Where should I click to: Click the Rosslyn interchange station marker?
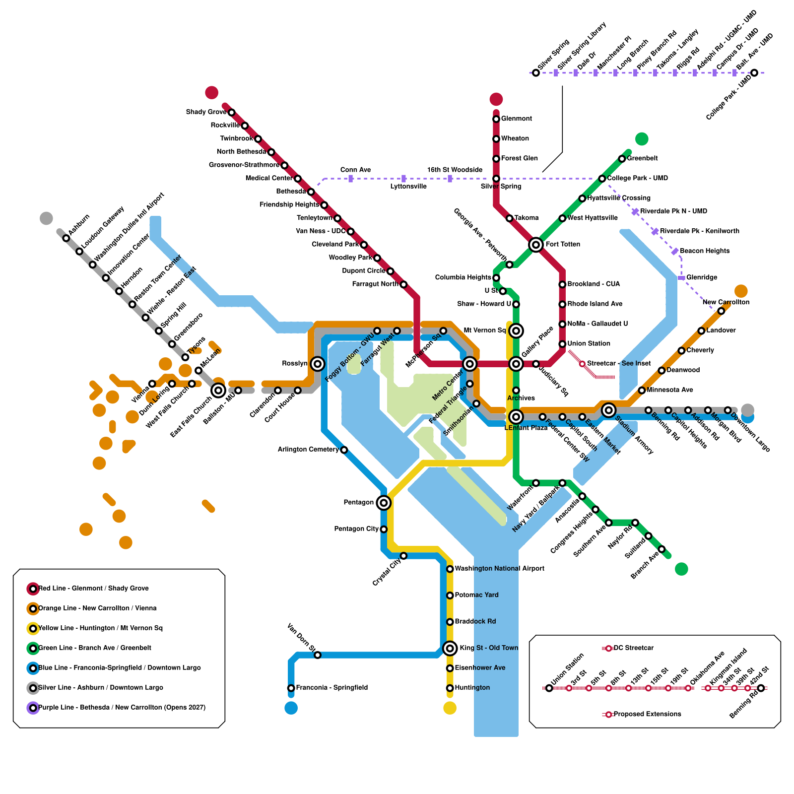[x=318, y=364]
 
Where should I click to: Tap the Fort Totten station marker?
[x=535, y=244]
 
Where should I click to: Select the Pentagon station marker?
[x=383, y=503]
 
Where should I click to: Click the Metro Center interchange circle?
[x=469, y=364]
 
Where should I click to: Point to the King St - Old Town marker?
[x=450, y=648]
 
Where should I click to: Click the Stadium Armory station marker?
[x=608, y=410]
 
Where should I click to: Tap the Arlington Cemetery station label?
[x=308, y=450]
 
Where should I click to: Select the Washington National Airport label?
[x=499, y=569]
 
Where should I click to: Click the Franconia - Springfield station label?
[x=331, y=688]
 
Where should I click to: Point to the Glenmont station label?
[x=516, y=119]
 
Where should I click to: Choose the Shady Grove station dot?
[x=231, y=112]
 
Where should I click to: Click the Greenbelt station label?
[x=642, y=158]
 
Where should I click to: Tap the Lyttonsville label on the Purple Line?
[x=408, y=187]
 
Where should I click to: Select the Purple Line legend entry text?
[x=122, y=708]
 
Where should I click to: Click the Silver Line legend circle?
[x=33, y=688]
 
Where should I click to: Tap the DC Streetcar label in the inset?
[x=633, y=648]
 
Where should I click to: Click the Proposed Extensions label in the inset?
[x=647, y=714]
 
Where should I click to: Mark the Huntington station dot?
[x=450, y=688]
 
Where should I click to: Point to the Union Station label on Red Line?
[x=589, y=343]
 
